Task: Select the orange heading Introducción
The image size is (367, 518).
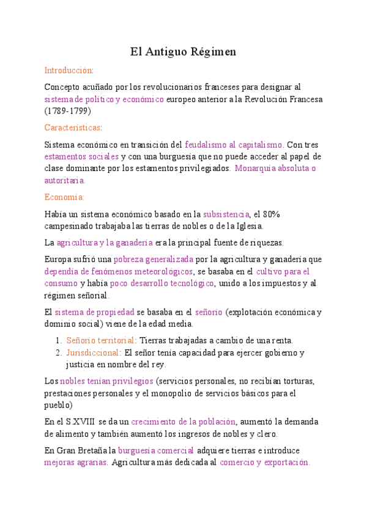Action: (69, 71)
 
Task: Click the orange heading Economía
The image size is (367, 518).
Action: (64, 197)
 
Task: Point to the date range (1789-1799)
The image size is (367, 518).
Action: (68, 111)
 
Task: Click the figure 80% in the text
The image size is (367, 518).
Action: (271, 214)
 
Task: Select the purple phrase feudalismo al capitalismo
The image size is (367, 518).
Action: (234, 145)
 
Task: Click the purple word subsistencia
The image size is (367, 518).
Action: (226, 214)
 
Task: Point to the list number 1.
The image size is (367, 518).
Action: (58, 340)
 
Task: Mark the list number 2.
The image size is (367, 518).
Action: (58, 352)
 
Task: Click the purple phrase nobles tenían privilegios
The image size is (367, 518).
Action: (106, 381)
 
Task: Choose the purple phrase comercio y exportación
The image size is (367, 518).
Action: (264, 462)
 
